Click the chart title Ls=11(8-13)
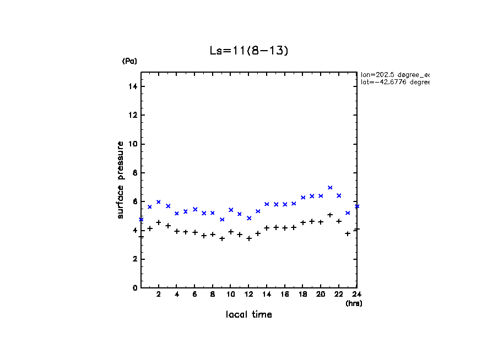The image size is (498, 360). (x=249, y=51)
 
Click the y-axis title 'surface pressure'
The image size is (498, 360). (x=120, y=179)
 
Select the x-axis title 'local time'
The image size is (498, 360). (x=249, y=315)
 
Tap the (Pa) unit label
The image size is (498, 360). (x=129, y=61)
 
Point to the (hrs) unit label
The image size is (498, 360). (x=353, y=303)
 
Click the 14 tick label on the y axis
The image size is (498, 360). (x=133, y=86)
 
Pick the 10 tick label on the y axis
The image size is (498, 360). (x=133, y=144)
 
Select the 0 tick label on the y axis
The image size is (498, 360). (x=135, y=288)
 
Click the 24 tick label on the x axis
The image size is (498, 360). (x=356, y=294)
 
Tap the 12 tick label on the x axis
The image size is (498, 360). (x=249, y=294)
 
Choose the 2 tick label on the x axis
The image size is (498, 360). (x=159, y=294)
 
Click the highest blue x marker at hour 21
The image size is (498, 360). (x=330, y=188)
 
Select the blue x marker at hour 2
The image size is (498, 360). (x=159, y=202)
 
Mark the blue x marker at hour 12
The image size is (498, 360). (x=249, y=218)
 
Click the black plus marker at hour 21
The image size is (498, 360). (x=330, y=215)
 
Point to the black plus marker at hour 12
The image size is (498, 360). (x=249, y=238)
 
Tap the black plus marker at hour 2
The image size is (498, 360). (x=159, y=222)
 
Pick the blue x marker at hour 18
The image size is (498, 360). (x=303, y=197)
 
